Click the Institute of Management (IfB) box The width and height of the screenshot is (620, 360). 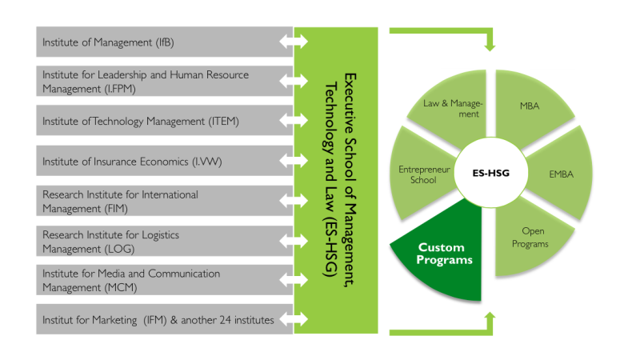(165, 42)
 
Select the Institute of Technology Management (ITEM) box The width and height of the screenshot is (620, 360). (165, 120)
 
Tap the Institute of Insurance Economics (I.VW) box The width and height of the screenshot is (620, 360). (165, 161)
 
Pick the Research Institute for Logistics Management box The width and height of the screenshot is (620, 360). (165, 241)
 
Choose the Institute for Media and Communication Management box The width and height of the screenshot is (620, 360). (165, 280)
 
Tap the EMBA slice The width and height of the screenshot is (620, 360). (561, 174)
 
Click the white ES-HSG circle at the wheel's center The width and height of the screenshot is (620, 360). (490, 173)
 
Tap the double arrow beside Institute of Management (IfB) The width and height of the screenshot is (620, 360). (294, 41)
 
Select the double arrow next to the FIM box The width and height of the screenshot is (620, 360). (294, 200)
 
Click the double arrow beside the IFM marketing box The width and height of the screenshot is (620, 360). (294, 319)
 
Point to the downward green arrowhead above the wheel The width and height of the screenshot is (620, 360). (490, 46)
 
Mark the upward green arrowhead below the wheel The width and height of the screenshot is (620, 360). (490, 318)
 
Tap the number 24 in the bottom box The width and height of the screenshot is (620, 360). (225, 320)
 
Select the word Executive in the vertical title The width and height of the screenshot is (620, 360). (350, 104)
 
